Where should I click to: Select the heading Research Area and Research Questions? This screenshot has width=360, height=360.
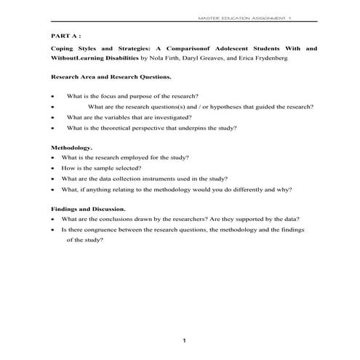pyautogui.click(x=112, y=76)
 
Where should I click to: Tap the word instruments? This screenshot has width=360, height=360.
pyautogui.click(x=178, y=178)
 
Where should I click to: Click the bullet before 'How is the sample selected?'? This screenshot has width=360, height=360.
pyautogui.click(x=54, y=167)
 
